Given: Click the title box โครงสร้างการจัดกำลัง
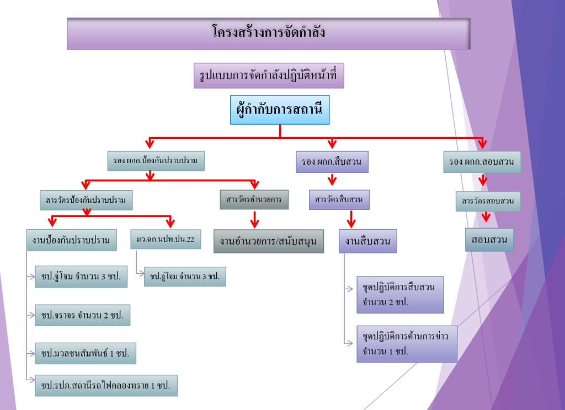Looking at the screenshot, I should pyautogui.click(x=268, y=34).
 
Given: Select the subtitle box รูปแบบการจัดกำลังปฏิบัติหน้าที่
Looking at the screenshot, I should pyautogui.click(x=269, y=75).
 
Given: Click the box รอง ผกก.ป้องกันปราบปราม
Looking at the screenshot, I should pyautogui.click(x=156, y=160).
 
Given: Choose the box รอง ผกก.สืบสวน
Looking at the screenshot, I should pyautogui.click(x=332, y=162).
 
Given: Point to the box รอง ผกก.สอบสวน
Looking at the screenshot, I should pyautogui.click(x=482, y=162).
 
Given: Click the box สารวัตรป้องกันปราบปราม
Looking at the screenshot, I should pyautogui.click(x=87, y=200).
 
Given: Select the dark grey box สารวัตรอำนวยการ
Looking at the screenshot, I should pyautogui.click(x=254, y=199).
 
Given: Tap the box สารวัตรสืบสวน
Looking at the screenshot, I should pyautogui.click(x=339, y=199).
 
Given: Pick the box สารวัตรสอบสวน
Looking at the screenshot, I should pyautogui.click(x=488, y=201).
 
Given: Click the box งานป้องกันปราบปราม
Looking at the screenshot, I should pyautogui.click(x=71, y=240).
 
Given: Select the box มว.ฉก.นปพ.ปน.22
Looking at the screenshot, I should pyautogui.click(x=166, y=240).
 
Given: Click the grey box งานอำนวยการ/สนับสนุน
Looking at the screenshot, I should pyautogui.click(x=268, y=241).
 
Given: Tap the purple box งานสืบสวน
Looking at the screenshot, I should pyautogui.click(x=367, y=241).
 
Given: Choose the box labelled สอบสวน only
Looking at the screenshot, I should pyautogui.click(x=489, y=240).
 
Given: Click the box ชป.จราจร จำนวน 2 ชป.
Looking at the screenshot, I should pyautogui.click(x=82, y=315).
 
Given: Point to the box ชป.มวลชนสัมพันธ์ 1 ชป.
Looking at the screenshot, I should pyautogui.click(x=85, y=353).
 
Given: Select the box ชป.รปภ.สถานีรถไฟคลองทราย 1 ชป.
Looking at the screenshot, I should pyautogui.click(x=106, y=385).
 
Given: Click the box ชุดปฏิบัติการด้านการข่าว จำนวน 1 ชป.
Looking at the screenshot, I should pyautogui.click(x=407, y=343).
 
